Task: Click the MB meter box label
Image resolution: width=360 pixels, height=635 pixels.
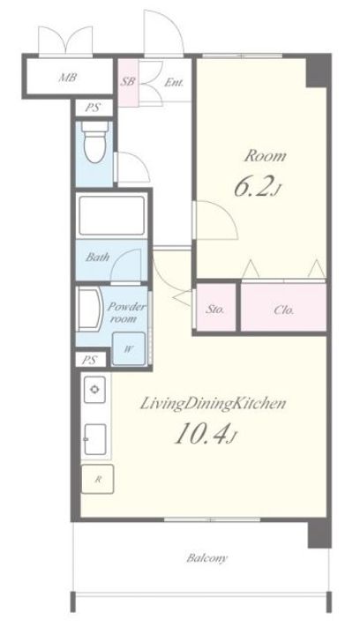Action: tap(68, 77)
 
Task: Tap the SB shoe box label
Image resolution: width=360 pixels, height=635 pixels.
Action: tap(128, 81)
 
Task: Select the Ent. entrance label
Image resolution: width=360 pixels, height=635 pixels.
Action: tap(174, 82)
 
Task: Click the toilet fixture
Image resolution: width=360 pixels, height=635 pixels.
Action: tap(94, 142)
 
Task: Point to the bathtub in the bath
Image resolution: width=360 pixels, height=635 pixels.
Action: tap(112, 215)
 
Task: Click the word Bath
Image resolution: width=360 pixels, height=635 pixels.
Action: tap(98, 257)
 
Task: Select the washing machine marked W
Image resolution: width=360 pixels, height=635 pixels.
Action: tap(128, 348)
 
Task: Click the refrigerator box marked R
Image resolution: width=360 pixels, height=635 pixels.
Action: tap(98, 479)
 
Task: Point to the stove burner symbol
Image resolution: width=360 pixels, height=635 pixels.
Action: tap(94, 390)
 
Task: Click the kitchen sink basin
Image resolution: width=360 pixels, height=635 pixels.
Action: tap(95, 439)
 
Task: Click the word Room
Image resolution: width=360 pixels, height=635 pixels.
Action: tap(265, 156)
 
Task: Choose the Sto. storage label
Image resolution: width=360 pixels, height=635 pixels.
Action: tap(215, 310)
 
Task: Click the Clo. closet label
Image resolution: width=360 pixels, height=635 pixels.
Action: tap(284, 310)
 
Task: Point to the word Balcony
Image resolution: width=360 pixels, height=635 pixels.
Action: tap(207, 558)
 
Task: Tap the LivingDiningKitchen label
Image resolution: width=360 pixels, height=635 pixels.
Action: tap(213, 404)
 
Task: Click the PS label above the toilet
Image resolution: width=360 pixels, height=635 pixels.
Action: tap(94, 108)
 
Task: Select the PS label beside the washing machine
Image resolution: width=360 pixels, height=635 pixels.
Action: tap(89, 360)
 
